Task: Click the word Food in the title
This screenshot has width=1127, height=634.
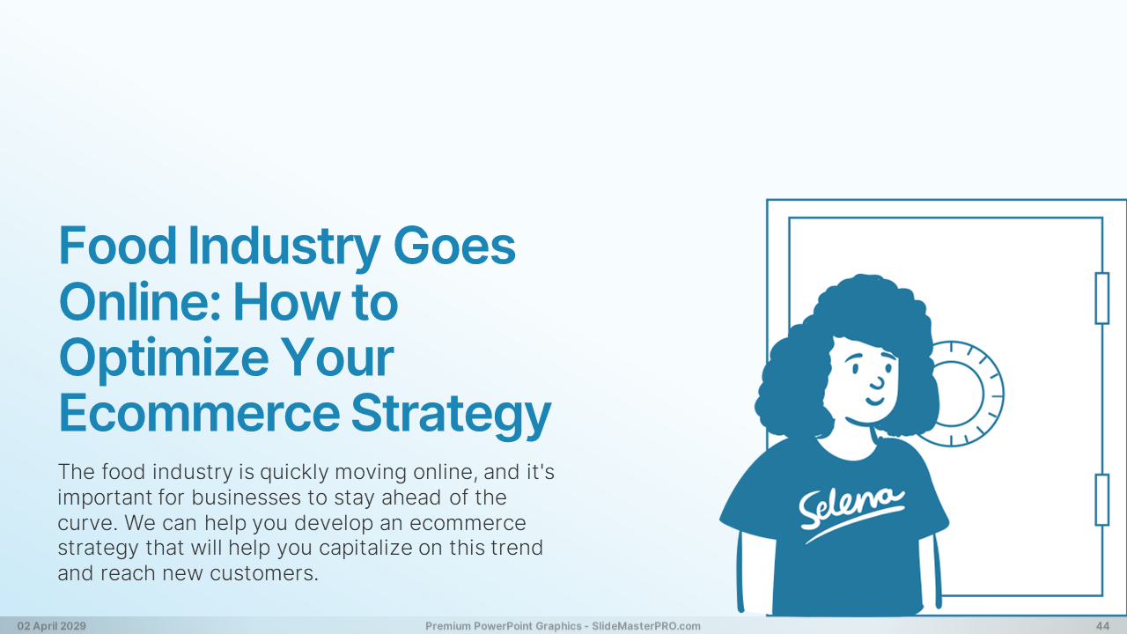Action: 118,246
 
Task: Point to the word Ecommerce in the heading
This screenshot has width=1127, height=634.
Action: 200,413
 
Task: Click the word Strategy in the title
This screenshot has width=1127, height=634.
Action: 451,417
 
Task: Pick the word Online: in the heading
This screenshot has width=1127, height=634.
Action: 140,301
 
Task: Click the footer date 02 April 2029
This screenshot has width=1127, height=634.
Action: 52,626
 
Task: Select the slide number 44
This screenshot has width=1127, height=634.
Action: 1103,626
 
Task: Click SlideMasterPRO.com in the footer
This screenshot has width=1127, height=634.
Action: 646,626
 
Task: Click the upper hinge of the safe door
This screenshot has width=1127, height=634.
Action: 1101,298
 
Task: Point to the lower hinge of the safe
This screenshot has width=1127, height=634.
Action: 1101,499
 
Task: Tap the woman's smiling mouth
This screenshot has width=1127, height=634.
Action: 875,401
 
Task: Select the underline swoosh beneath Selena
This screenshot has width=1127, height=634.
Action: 854,525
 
